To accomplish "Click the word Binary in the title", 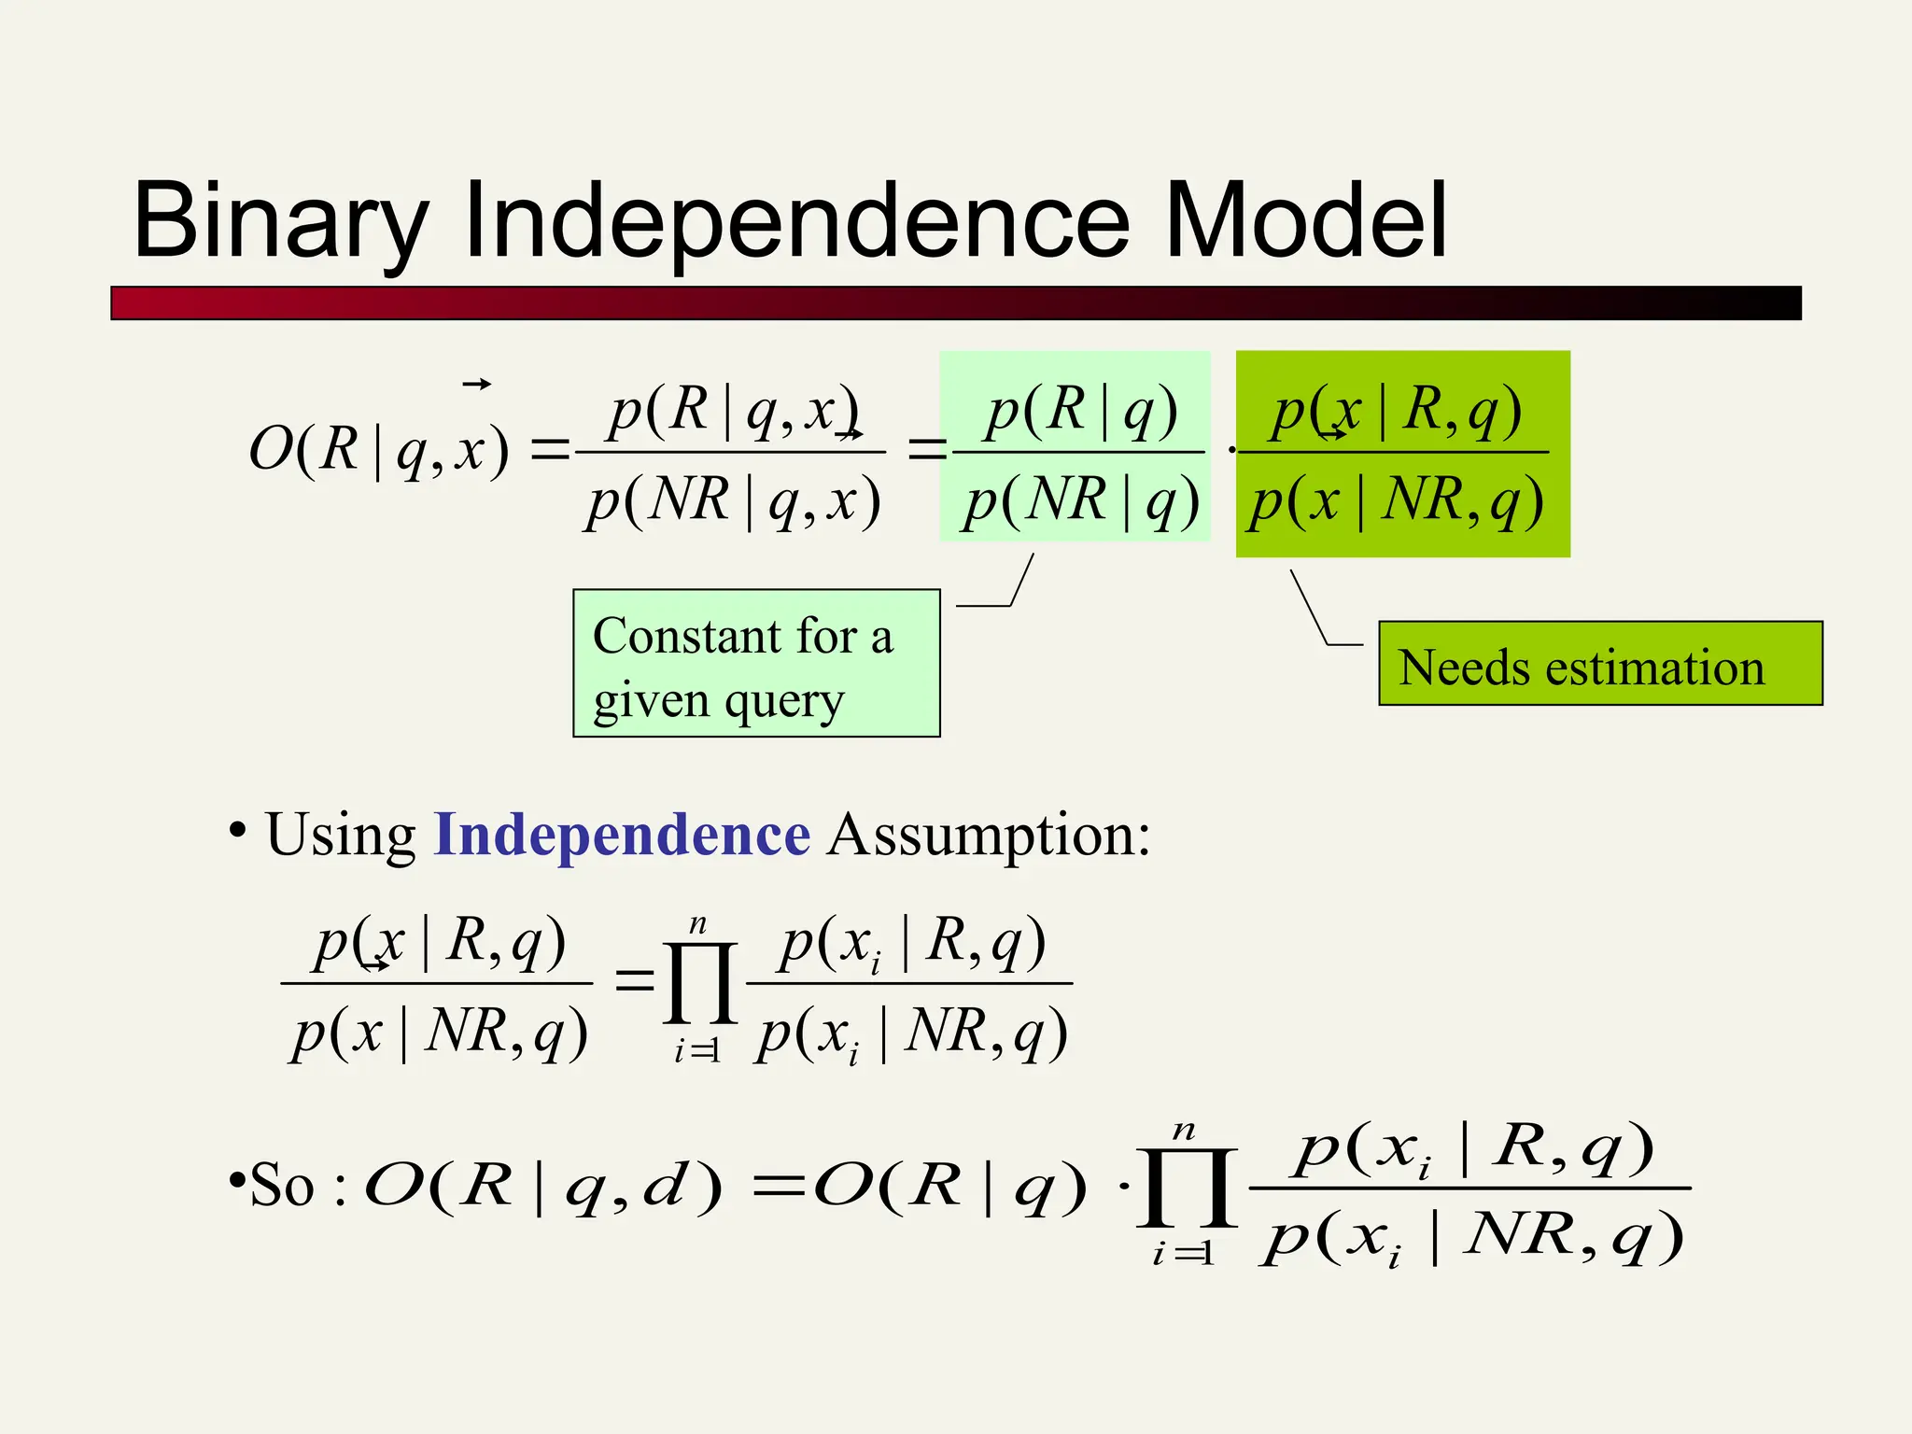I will pos(280,221).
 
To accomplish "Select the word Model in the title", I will pos(1306,221).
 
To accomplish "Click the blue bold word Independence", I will pos(622,834).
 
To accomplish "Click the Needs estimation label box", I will pos(1599,664).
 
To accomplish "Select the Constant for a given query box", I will pos(756,664).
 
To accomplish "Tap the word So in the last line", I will pos(282,1186).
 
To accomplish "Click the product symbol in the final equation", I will pos(1187,1188).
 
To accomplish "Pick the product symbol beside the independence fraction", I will pos(699,983).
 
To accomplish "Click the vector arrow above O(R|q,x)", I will pos(477,384).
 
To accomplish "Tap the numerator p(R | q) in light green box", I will pos(1081,410).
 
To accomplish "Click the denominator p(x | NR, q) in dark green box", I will pos(1397,501).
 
